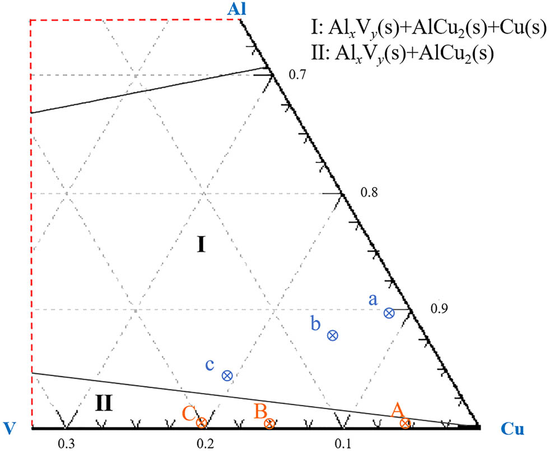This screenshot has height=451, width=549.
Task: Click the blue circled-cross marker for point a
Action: pyautogui.click(x=389, y=313)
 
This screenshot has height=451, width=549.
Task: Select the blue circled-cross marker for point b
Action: pyautogui.click(x=332, y=336)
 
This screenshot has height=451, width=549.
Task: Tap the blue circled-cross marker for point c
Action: pyautogui.click(x=227, y=376)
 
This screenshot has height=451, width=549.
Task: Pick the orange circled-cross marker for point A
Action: pyautogui.click(x=405, y=424)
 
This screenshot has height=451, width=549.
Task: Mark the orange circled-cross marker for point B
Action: pyautogui.click(x=269, y=424)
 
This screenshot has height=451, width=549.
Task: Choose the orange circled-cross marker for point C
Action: pyautogui.click(x=201, y=423)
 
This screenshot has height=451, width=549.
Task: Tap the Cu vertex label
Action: pyautogui.click(x=512, y=429)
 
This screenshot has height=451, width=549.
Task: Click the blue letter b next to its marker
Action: pyautogui.click(x=316, y=323)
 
